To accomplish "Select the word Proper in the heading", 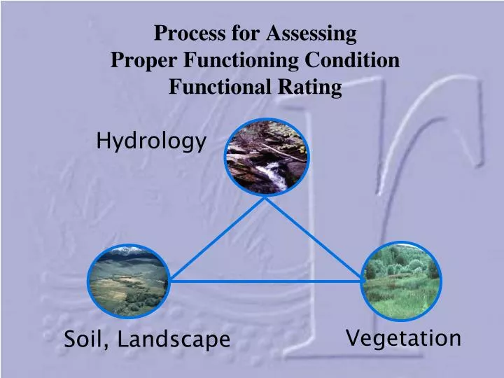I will pos(144,60).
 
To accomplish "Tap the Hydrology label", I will pos(151,142).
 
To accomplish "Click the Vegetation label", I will pos(404,339).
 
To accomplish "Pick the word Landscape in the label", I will pos(174,340).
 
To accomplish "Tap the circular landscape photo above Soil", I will pos(128,281).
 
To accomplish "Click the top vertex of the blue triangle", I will pos(265,197).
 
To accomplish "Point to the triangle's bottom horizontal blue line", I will pos(266,281).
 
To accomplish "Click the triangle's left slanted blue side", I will pos(217,239).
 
